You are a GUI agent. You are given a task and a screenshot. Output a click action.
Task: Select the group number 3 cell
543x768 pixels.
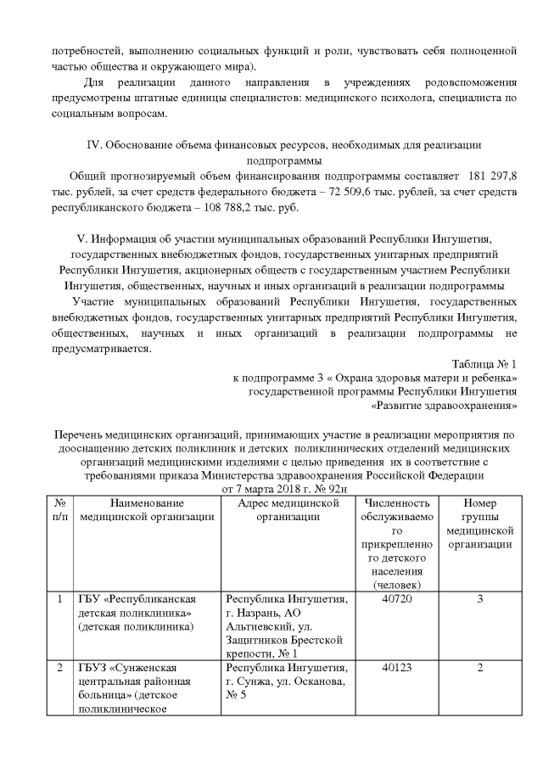(479, 599)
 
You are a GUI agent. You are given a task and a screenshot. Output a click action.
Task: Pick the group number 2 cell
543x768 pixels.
(479, 667)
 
